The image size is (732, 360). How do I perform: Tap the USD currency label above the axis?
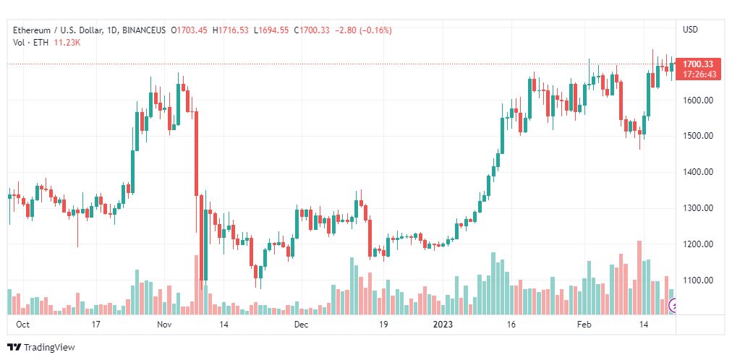(690, 30)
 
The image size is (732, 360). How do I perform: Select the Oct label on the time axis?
(23, 325)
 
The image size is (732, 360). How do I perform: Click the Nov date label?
(165, 325)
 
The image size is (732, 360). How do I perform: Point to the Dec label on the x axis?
(302, 325)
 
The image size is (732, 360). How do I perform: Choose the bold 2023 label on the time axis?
(441, 325)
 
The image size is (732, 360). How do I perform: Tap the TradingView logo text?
(48, 348)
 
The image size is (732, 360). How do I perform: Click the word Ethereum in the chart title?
(31, 30)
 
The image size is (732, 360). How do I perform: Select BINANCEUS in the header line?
(145, 30)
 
